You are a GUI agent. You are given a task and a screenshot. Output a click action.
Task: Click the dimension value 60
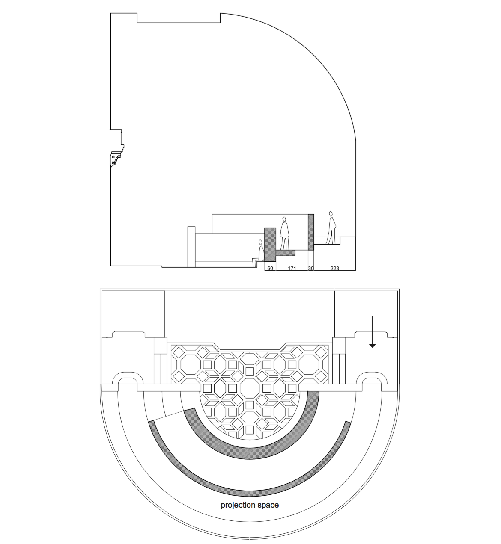[270, 268]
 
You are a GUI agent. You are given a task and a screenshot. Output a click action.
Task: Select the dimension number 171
[292, 268]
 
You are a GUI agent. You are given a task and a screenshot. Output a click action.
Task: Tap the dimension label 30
[311, 268]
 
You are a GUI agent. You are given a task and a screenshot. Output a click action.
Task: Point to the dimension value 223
[334, 268]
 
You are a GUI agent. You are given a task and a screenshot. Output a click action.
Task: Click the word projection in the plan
[238, 505]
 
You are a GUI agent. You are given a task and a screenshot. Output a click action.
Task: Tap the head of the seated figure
[260, 242]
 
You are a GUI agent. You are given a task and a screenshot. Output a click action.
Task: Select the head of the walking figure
[331, 213]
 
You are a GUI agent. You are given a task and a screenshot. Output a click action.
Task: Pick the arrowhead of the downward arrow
[372, 346]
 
